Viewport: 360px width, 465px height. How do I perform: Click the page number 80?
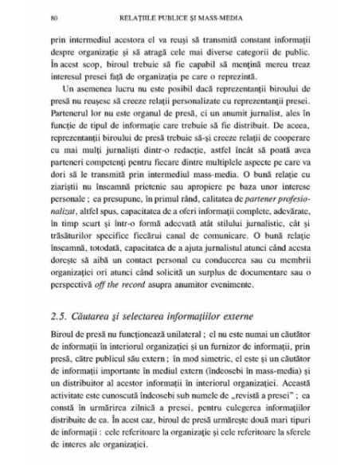click(52, 14)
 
